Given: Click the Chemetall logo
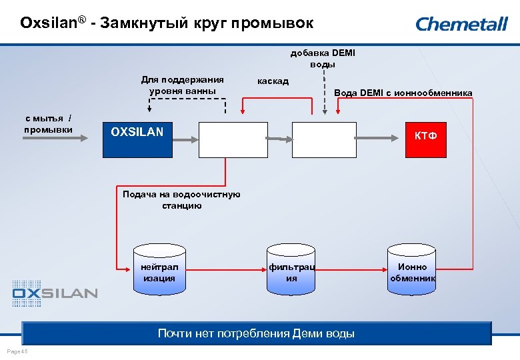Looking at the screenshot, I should point(461,25).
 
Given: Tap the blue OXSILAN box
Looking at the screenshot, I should point(137,139).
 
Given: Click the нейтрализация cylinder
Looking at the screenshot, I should point(159,271).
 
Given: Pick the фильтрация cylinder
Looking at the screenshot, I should point(291,271).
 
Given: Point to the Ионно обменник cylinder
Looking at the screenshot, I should point(412,271).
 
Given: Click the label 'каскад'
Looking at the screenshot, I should point(273,81).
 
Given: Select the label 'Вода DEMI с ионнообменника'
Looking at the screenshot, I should point(403,93).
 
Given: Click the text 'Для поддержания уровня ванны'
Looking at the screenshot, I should point(182,85).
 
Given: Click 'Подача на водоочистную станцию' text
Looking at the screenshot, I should point(181,200).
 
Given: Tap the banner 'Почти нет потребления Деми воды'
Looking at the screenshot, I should point(256,333).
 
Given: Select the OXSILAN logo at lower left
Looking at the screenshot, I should point(55,292).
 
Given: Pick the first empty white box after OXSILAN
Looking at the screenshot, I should point(233,139).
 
